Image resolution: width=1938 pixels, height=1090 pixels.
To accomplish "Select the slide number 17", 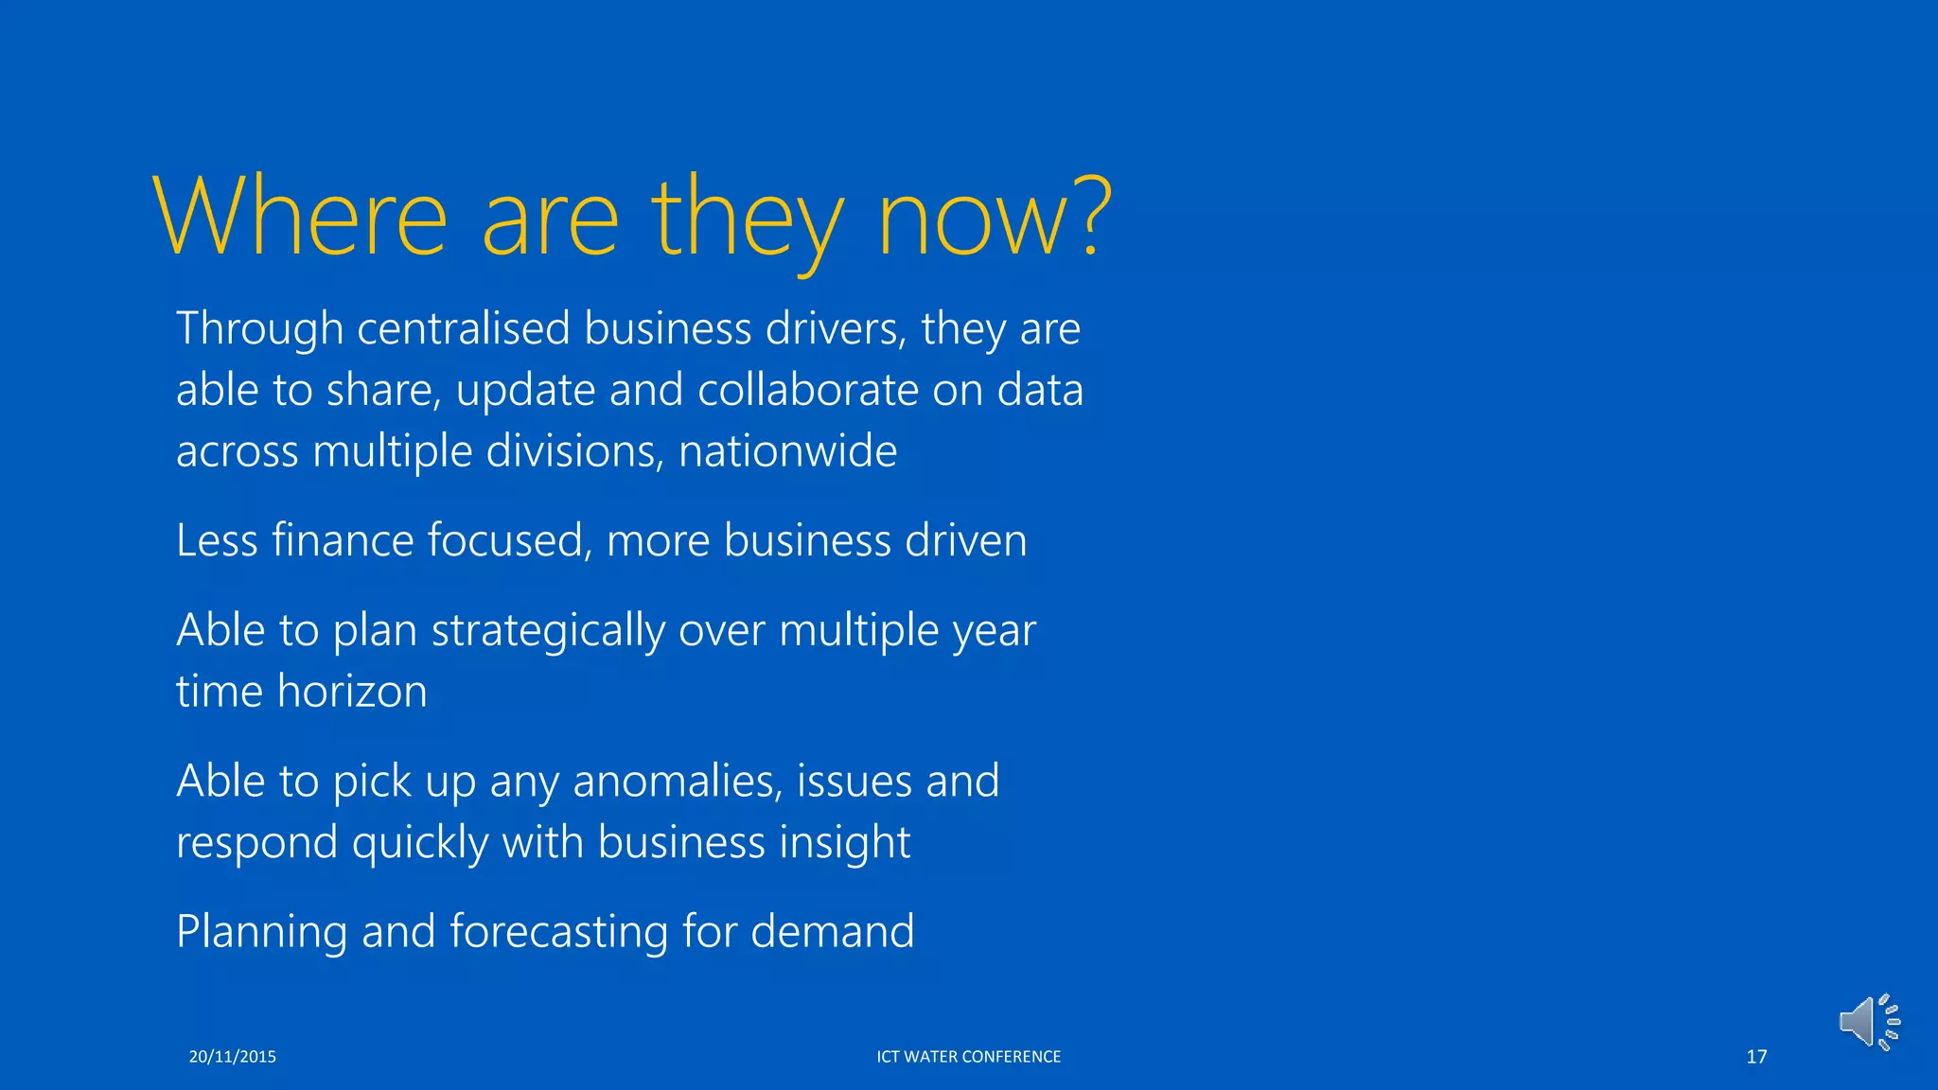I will (x=1756, y=1057).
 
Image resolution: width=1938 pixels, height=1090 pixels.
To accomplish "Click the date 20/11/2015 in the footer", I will (x=232, y=1057).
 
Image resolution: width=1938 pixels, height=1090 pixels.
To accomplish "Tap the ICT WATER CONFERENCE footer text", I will (x=968, y=1057).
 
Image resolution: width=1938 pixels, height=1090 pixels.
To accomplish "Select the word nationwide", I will (x=787, y=450).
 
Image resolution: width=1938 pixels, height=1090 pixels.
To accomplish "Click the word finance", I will (x=343, y=540).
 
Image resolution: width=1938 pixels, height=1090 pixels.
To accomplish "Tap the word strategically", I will (x=548, y=631).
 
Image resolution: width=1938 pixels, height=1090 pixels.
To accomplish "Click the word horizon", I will (x=352, y=692).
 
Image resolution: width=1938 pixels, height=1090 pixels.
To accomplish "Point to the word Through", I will (x=259, y=329).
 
